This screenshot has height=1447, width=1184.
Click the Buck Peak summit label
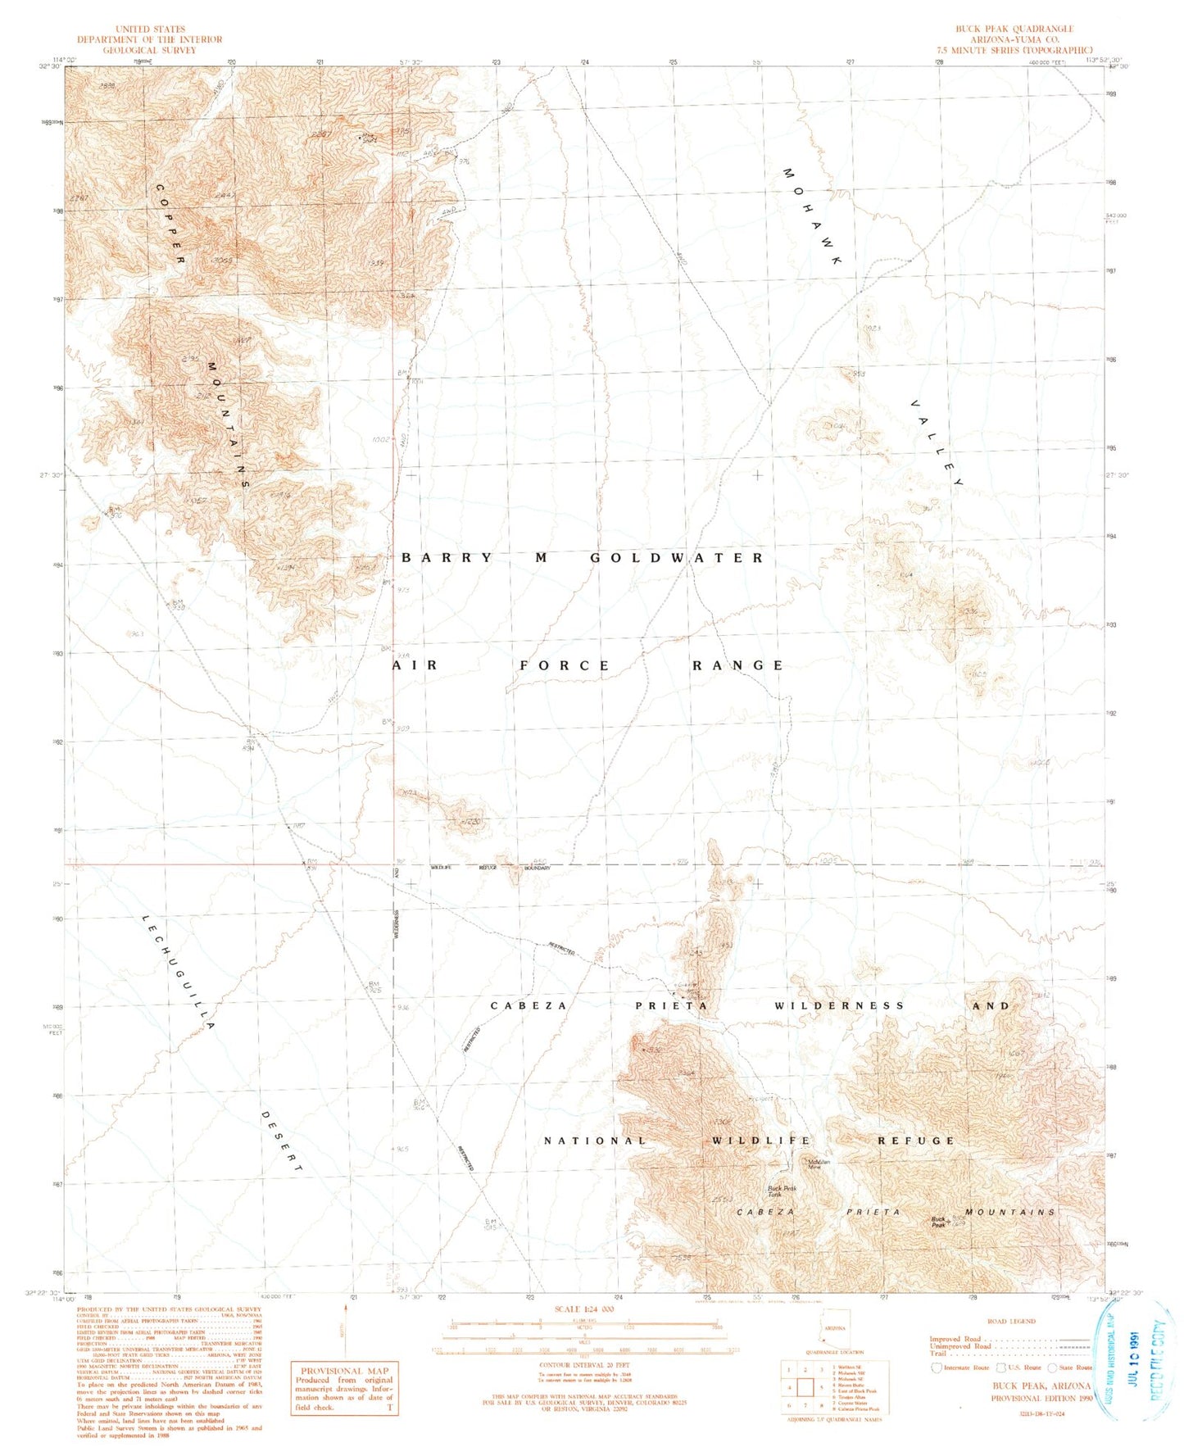938,1221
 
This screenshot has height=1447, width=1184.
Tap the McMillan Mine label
814,1163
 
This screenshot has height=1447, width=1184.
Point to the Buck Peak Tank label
781,1191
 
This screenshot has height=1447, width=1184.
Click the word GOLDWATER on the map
677,558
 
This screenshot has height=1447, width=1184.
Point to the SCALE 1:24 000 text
584,1309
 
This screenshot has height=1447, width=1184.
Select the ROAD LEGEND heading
1011,1321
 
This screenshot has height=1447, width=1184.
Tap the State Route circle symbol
1052,1368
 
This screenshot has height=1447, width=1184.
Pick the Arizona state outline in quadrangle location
833,1328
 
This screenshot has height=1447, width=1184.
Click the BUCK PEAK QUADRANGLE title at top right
1014,29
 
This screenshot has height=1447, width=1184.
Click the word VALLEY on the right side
937,443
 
